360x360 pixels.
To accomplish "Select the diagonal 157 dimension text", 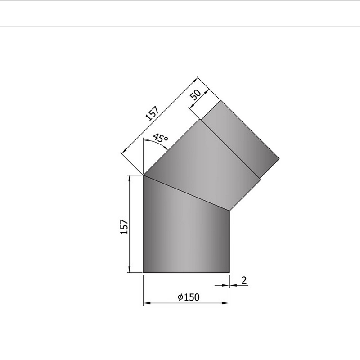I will (x=153, y=114).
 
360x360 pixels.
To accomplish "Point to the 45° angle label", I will (x=160, y=139).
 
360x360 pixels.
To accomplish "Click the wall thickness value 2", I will (x=244, y=280).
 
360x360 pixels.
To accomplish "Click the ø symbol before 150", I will (x=180, y=297).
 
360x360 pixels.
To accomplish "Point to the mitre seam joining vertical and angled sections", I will (x=186, y=193).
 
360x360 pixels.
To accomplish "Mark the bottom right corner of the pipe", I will (x=229, y=272).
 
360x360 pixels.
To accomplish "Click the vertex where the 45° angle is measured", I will (x=143, y=175).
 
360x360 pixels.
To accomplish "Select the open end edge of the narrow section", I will (x=250, y=130).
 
